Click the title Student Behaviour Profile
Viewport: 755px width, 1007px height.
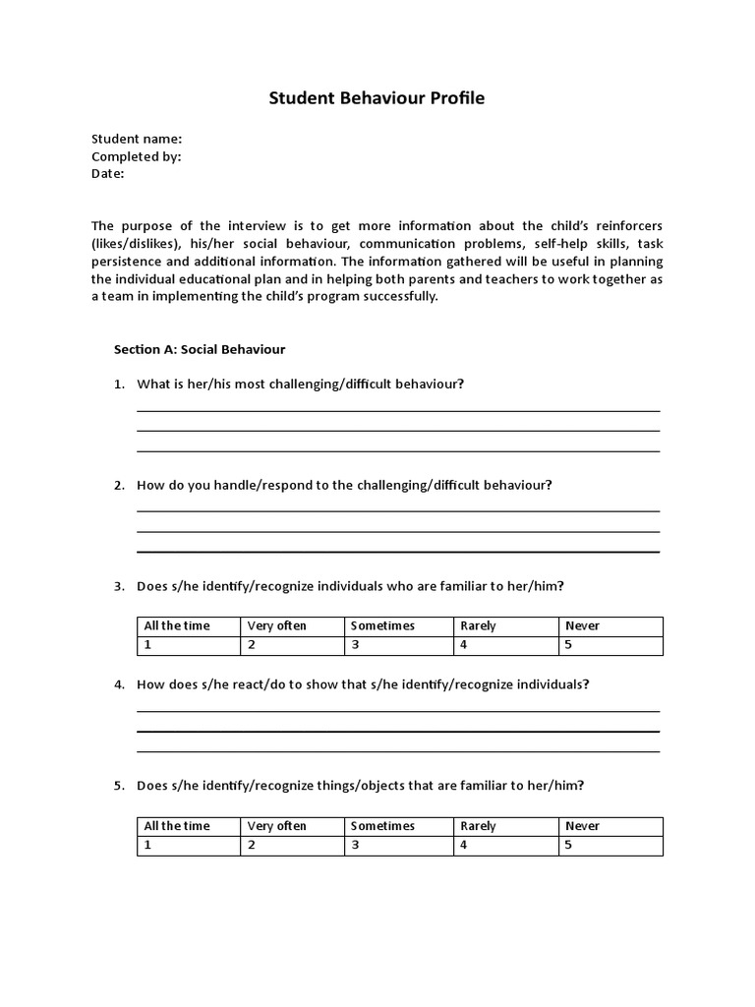click(377, 98)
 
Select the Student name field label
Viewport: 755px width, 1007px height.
click(137, 139)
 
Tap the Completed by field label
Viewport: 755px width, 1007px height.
click(137, 156)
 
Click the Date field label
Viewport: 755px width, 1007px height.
click(108, 173)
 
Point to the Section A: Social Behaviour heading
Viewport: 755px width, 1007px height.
click(200, 349)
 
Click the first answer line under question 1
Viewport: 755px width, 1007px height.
click(398, 410)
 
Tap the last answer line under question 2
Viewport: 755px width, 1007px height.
click(398, 552)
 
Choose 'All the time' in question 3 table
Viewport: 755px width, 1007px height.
click(177, 625)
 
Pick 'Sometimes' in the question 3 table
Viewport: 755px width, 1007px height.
click(382, 625)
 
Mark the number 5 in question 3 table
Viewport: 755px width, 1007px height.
click(568, 645)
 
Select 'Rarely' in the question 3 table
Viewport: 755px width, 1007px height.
click(478, 625)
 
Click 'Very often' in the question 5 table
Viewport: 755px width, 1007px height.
click(277, 826)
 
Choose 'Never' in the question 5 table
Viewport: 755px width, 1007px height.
click(582, 826)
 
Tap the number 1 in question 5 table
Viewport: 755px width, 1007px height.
click(147, 846)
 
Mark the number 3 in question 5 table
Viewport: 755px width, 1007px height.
click(355, 846)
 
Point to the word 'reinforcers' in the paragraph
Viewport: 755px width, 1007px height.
click(626, 225)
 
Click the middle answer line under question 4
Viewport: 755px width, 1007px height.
click(398, 732)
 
